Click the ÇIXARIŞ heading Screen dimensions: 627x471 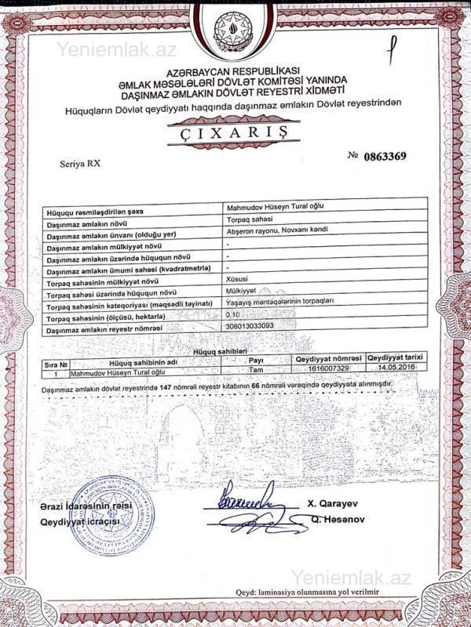[x=227, y=132]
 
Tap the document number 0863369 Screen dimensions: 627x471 [x=385, y=156]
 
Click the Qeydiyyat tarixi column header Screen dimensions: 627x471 [x=396, y=357]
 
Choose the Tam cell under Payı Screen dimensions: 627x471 [x=254, y=368]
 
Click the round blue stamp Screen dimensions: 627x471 [x=107, y=515]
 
